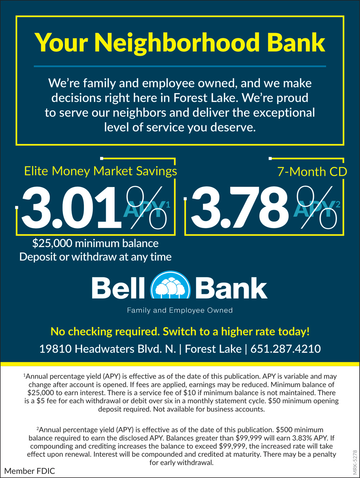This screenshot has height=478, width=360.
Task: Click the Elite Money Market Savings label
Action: point(100,171)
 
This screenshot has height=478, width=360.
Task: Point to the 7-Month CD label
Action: point(312,172)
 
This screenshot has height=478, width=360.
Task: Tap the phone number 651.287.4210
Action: point(285,349)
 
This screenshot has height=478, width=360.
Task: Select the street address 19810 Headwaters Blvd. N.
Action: point(107,349)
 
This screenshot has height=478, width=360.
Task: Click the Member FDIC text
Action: point(30,471)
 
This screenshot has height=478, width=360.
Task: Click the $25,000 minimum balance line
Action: point(95,243)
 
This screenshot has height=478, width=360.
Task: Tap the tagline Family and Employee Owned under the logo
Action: point(180,310)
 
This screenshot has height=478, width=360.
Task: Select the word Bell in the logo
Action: point(118,288)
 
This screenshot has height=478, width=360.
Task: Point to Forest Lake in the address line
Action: point(213,349)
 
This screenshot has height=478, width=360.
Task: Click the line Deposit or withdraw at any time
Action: point(95,257)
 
